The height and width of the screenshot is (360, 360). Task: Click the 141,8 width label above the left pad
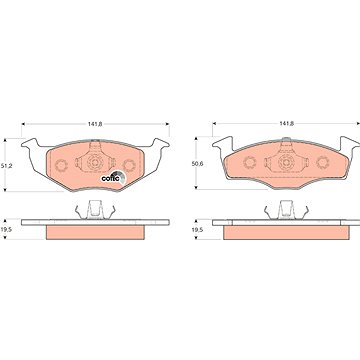click(95, 124)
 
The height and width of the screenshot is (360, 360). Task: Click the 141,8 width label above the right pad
click(286, 123)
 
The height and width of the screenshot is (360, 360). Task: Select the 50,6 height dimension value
click(199, 164)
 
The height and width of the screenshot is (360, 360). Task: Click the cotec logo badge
click(113, 178)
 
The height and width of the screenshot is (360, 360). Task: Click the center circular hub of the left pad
click(94, 163)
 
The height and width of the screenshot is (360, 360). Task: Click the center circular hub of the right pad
click(285, 163)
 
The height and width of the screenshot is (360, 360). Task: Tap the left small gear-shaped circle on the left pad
click(61, 165)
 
